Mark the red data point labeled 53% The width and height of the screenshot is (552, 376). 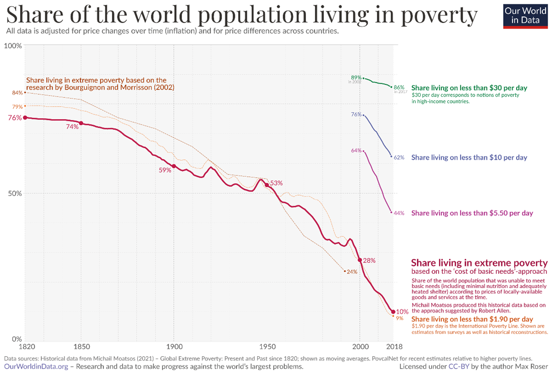[x=266, y=185]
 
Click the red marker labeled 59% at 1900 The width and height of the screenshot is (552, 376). [x=174, y=166]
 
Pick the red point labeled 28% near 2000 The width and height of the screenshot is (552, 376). [x=359, y=260]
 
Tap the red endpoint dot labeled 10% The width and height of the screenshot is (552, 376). [x=393, y=312]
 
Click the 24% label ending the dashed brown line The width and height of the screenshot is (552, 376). [x=352, y=272]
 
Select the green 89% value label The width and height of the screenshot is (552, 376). [x=356, y=77]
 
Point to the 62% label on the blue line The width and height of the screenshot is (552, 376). [x=399, y=157]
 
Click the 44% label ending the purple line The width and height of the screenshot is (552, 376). [x=399, y=213]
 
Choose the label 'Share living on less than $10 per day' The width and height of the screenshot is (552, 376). [x=469, y=157]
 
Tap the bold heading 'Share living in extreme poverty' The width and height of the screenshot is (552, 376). [x=479, y=263]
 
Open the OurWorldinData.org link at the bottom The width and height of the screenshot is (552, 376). [x=36, y=367]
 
